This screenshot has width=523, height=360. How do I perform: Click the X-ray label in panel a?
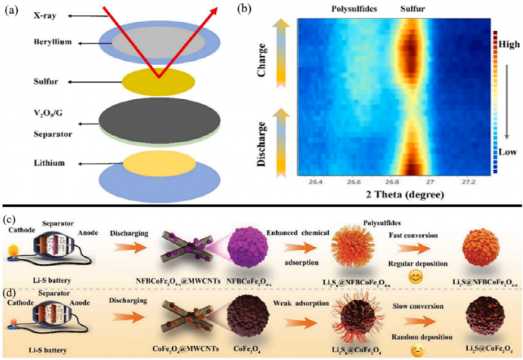(22, 15)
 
